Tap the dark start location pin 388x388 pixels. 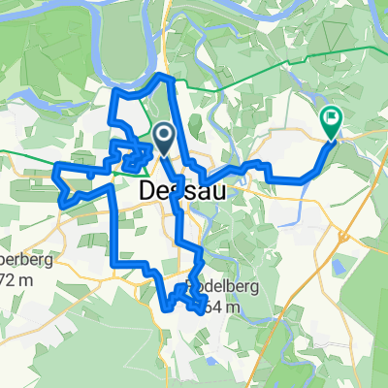click(x=165, y=139)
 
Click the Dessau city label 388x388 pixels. click(x=183, y=191)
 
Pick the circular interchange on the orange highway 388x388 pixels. click(x=343, y=234)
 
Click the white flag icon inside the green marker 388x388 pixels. click(x=333, y=119)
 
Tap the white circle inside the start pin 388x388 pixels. click(x=165, y=135)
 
